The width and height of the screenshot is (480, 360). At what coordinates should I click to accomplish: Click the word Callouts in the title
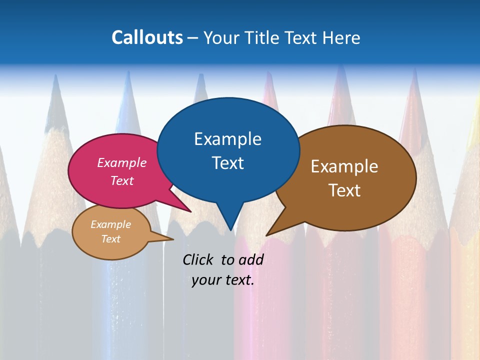point(147,37)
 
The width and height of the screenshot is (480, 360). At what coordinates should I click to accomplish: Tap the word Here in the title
point(340,37)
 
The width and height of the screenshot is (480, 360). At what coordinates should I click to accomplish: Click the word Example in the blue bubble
point(227,138)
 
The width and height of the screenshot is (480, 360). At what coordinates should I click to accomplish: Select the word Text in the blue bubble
point(227,163)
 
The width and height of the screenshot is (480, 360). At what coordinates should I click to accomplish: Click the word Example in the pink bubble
point(122,162)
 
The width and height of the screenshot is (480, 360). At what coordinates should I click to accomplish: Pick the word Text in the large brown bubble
point(344,190)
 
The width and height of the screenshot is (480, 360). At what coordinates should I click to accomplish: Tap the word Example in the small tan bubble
point(110,224)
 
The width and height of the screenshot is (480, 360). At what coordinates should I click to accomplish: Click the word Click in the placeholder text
point(198,259)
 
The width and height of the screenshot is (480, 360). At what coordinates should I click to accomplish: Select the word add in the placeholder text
point(251,259)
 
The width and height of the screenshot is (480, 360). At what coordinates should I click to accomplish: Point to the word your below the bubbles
point(206,280)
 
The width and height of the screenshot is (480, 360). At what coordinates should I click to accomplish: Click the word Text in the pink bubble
point(122,180)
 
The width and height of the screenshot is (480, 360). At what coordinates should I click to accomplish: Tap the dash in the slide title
point(193,37)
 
